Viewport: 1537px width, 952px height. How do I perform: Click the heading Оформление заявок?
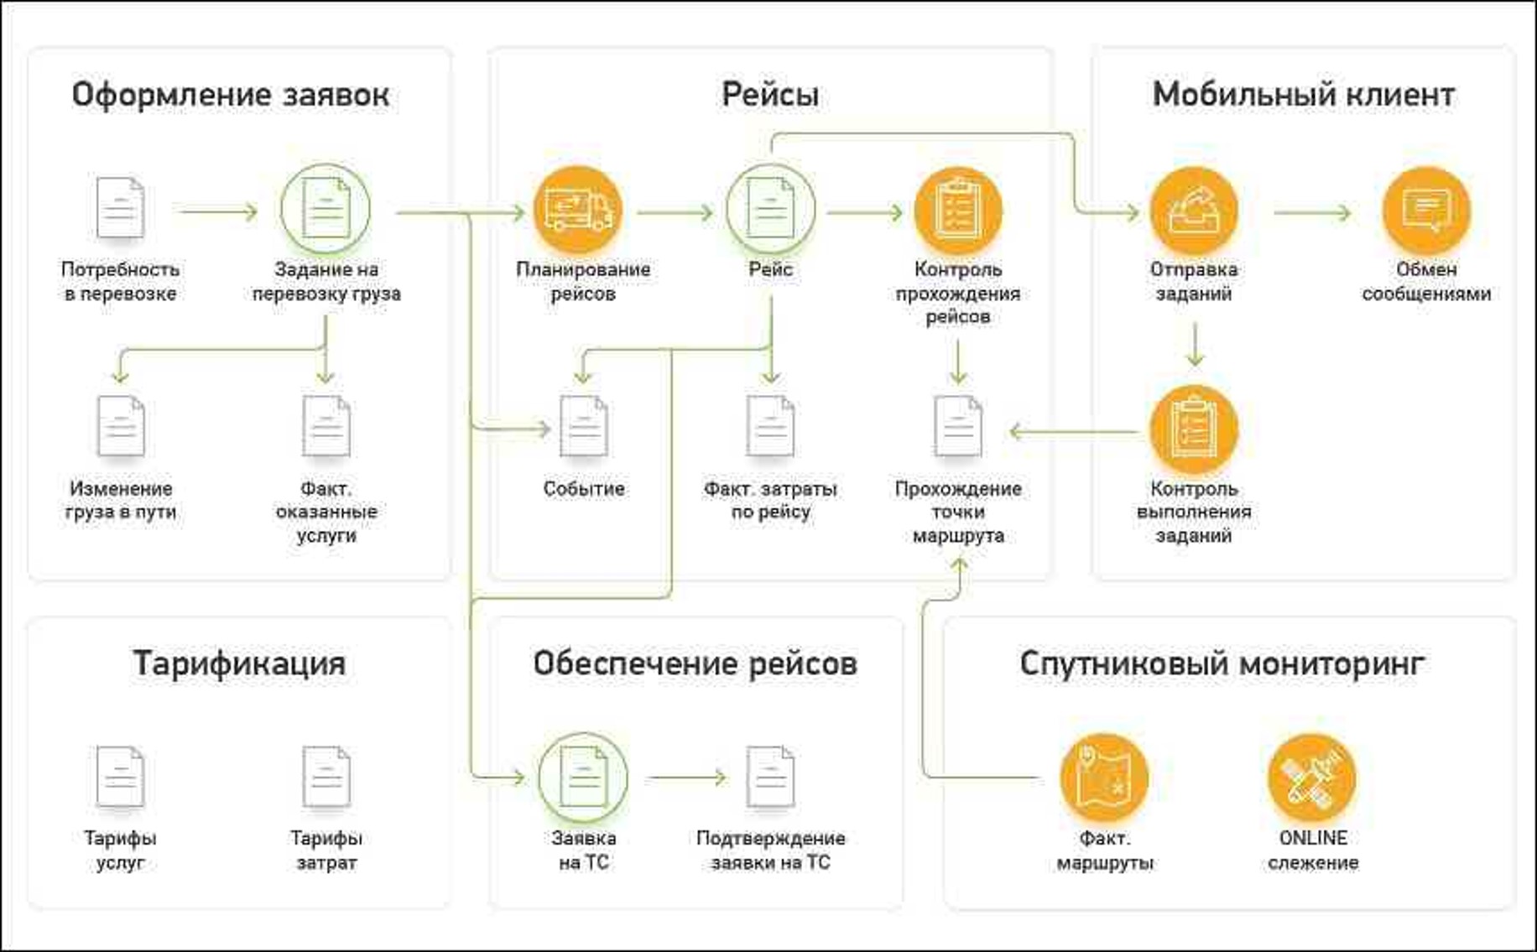click(230, 95)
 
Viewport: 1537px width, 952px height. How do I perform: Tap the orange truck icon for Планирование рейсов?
click(578, 210)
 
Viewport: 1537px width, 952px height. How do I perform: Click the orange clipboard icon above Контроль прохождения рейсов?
click(957, 210)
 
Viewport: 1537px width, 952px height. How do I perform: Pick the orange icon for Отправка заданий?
click(1193, 210)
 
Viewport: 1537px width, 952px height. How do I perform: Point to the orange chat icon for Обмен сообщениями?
click(1425, 210)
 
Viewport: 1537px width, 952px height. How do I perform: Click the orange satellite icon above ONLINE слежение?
click(1311, 777)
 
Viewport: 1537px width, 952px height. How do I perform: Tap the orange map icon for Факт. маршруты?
click(1104, 777)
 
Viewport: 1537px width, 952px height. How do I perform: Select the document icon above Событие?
click(583, 427)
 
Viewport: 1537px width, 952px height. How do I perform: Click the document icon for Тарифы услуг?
click(120, 777)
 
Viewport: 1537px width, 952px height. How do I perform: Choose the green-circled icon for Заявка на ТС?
click(583, 777)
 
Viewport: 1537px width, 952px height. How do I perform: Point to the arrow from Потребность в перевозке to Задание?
click(217, 211)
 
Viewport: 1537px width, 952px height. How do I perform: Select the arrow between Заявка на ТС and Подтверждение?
click(686, 778)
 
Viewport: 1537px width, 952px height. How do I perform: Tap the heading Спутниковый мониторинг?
click(1222, 663)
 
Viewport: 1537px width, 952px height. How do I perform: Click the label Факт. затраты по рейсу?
click(770, 500)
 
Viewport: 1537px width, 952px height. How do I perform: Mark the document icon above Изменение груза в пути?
click(121, 427)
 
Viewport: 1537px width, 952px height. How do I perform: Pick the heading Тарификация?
click(239, 663)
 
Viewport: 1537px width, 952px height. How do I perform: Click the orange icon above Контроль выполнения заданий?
click(1193, 429)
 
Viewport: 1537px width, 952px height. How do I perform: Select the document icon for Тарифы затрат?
click(326, 777)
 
